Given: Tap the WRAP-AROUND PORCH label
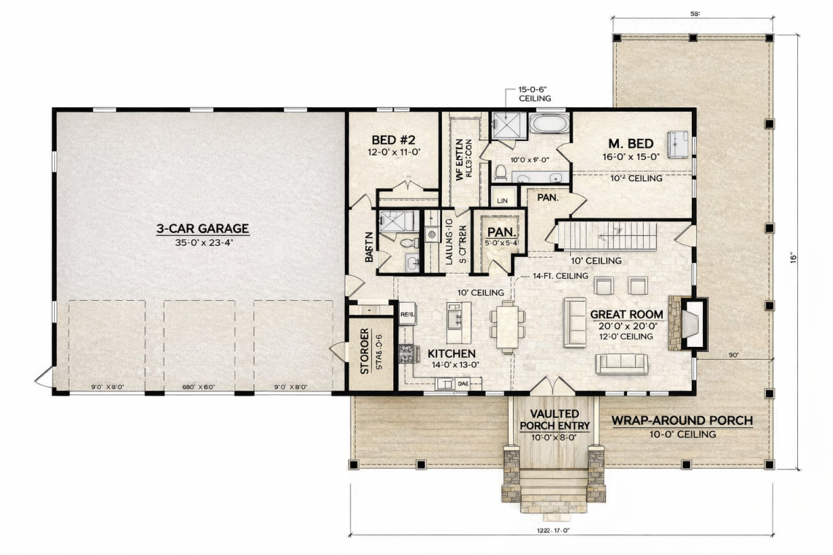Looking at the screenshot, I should click(681, 421).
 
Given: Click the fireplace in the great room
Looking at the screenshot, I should click(691, 323).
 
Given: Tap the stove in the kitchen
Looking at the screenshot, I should click(406, 354).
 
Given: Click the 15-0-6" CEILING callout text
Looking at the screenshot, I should click(534, 93).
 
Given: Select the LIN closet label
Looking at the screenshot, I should click(502, 199).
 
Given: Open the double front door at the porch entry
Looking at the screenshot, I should click(552, 385).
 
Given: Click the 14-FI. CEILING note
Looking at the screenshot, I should click(560, 276).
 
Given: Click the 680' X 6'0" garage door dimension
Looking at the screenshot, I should click(198, 387).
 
